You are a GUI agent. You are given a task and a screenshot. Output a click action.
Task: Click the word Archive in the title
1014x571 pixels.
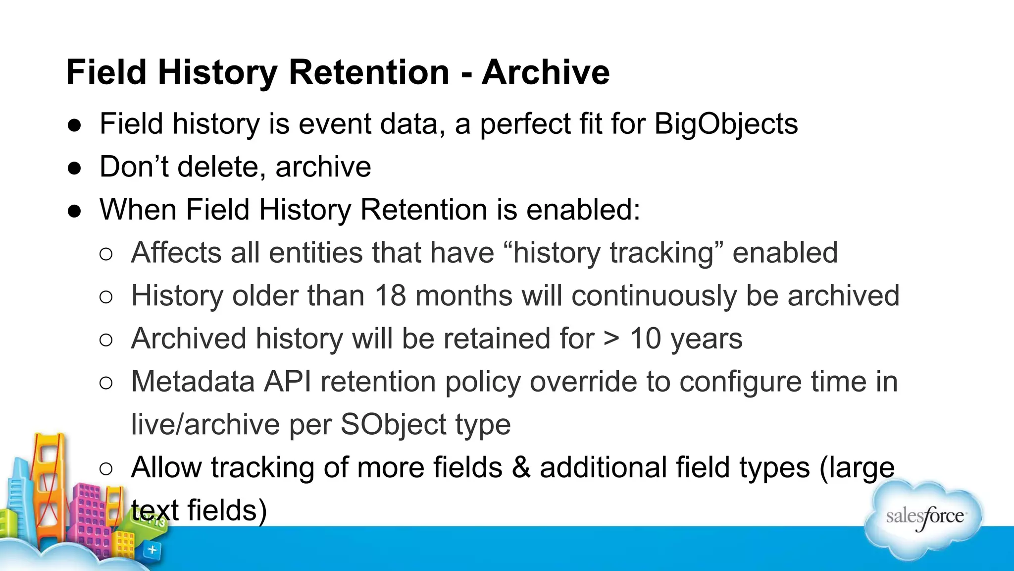(546, 72)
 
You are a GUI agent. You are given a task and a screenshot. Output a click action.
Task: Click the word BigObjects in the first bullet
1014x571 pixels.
(726, 124)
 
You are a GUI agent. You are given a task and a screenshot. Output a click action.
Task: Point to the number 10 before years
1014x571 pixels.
(645, 339)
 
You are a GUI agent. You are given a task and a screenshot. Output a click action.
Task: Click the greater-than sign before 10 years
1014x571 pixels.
(612, 339)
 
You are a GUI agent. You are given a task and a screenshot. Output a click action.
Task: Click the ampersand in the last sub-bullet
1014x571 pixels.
(521, 468)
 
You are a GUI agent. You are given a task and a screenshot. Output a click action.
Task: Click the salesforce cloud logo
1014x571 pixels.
(924, 517)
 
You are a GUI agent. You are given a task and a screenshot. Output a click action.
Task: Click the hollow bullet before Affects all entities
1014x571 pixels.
(106, 254)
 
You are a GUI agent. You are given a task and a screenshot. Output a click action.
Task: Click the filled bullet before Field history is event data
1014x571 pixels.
(74, 125)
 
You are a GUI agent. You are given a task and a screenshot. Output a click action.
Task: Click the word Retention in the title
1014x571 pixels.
(369, 72)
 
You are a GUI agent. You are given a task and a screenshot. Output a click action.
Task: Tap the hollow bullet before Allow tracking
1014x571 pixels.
(106, 469)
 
